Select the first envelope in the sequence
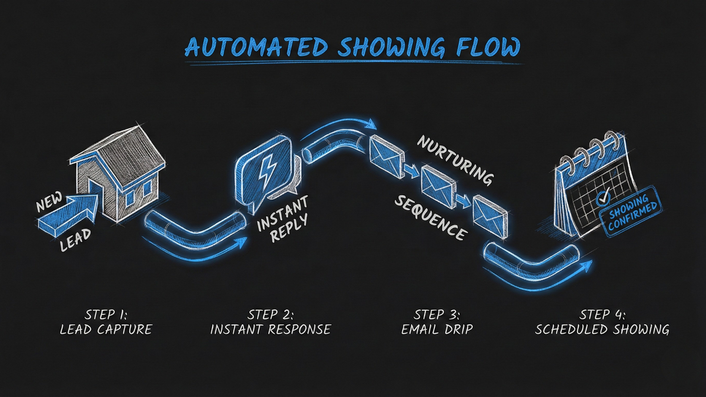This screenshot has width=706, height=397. coord(386,152)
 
